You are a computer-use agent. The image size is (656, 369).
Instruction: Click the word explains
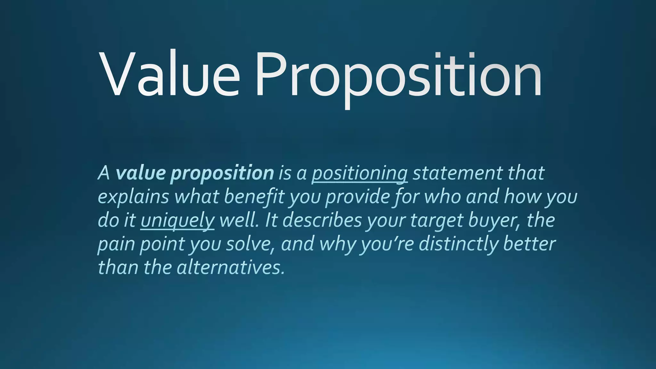pos(133,197)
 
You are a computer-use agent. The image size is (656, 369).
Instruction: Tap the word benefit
pos(254,196)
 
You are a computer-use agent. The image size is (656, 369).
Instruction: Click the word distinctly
pos(458,244)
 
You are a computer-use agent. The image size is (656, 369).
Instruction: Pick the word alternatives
pos(230,267)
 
